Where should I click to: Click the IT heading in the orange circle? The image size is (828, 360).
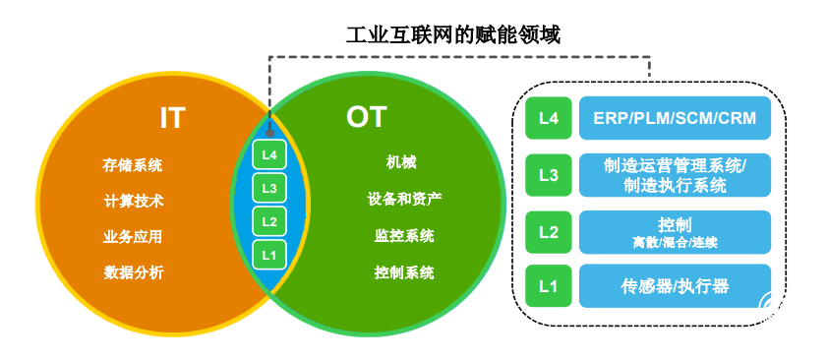tap(173, 118)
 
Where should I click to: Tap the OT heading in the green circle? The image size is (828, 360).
tap(367, 117)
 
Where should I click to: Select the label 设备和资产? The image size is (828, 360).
tap(403, 199)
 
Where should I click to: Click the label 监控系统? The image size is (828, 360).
tap(403, 235)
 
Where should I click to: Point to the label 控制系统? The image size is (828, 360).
tap(403, 272)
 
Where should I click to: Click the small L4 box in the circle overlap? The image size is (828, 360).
tap(269, 154)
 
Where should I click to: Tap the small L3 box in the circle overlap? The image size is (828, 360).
tap(269, 188)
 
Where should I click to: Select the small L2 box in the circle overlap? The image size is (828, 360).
tap(269, 221)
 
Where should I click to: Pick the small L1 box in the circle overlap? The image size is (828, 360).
tap(269, 255)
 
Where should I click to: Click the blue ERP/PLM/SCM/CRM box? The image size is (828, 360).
tap(675, 118)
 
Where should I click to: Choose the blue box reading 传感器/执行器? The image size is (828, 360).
tap(675, 286)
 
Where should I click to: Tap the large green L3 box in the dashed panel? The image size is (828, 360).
tap(549, 175)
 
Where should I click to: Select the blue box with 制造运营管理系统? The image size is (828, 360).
tap(675, 174)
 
